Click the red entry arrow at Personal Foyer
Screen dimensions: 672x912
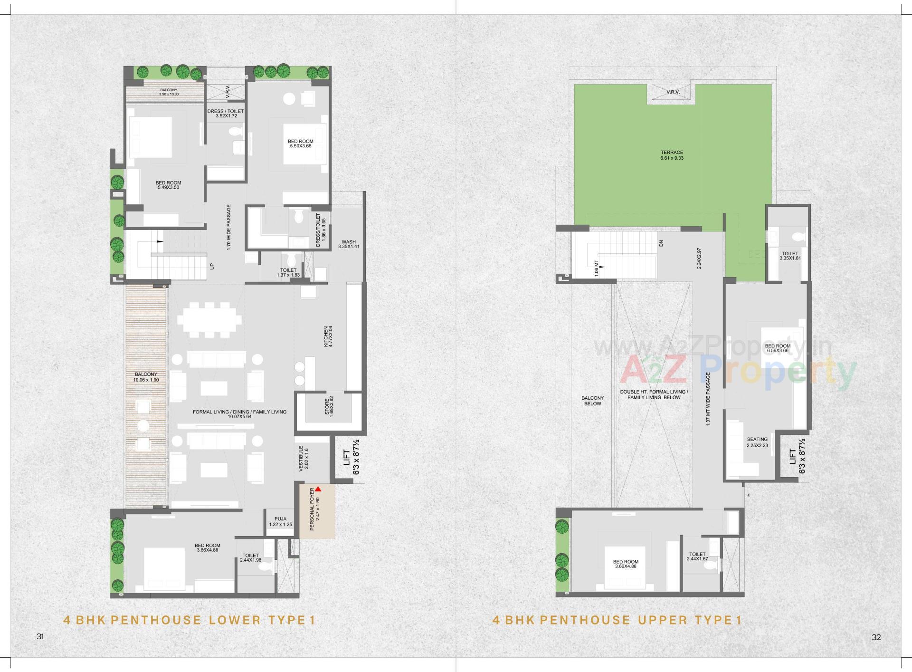318,489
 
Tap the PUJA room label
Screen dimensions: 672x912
280,521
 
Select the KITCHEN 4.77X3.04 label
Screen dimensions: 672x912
328,336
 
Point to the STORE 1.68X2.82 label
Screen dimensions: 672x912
329,406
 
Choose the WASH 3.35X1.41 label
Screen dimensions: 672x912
349,244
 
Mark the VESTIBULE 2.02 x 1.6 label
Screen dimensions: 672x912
303,459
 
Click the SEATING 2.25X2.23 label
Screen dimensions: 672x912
757,442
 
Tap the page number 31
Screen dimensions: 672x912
40,636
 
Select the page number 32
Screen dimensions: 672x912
876,637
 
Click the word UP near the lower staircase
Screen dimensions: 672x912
212,266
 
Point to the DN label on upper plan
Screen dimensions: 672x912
661,243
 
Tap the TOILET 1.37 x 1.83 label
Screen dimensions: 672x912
289,272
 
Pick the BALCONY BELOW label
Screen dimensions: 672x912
592,401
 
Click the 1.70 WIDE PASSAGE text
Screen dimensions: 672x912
228,227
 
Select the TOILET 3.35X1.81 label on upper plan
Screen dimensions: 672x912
790,256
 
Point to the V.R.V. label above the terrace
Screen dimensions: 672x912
673,92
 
